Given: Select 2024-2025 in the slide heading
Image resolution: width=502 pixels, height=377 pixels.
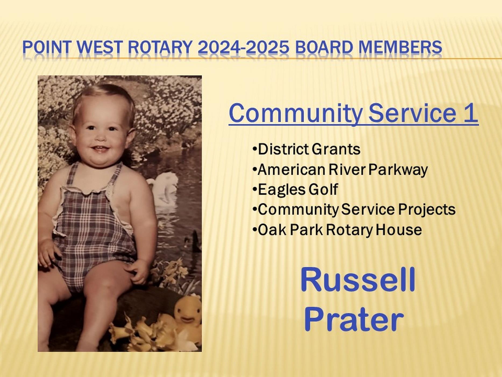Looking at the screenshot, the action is tap(243, 47).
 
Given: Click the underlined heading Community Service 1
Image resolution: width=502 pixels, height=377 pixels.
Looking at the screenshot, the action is tap(353, 113).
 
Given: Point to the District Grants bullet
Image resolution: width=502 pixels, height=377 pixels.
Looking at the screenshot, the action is tap(307, 149).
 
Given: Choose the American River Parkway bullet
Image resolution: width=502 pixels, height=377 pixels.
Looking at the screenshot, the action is tap(340, 170).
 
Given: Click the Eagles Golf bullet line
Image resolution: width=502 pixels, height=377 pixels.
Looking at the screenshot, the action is tap(295, 189).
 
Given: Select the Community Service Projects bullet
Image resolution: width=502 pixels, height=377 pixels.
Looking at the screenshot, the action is tap(354, 210).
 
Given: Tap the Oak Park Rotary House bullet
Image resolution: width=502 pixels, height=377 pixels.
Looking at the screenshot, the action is tap(337, 230).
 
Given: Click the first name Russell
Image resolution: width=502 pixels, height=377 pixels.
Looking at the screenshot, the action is tap(358, 280).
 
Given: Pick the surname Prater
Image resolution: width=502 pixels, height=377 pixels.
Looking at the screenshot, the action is tap(354, 320).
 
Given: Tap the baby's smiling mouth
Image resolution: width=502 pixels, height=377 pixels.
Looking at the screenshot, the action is tap(100, 148).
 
